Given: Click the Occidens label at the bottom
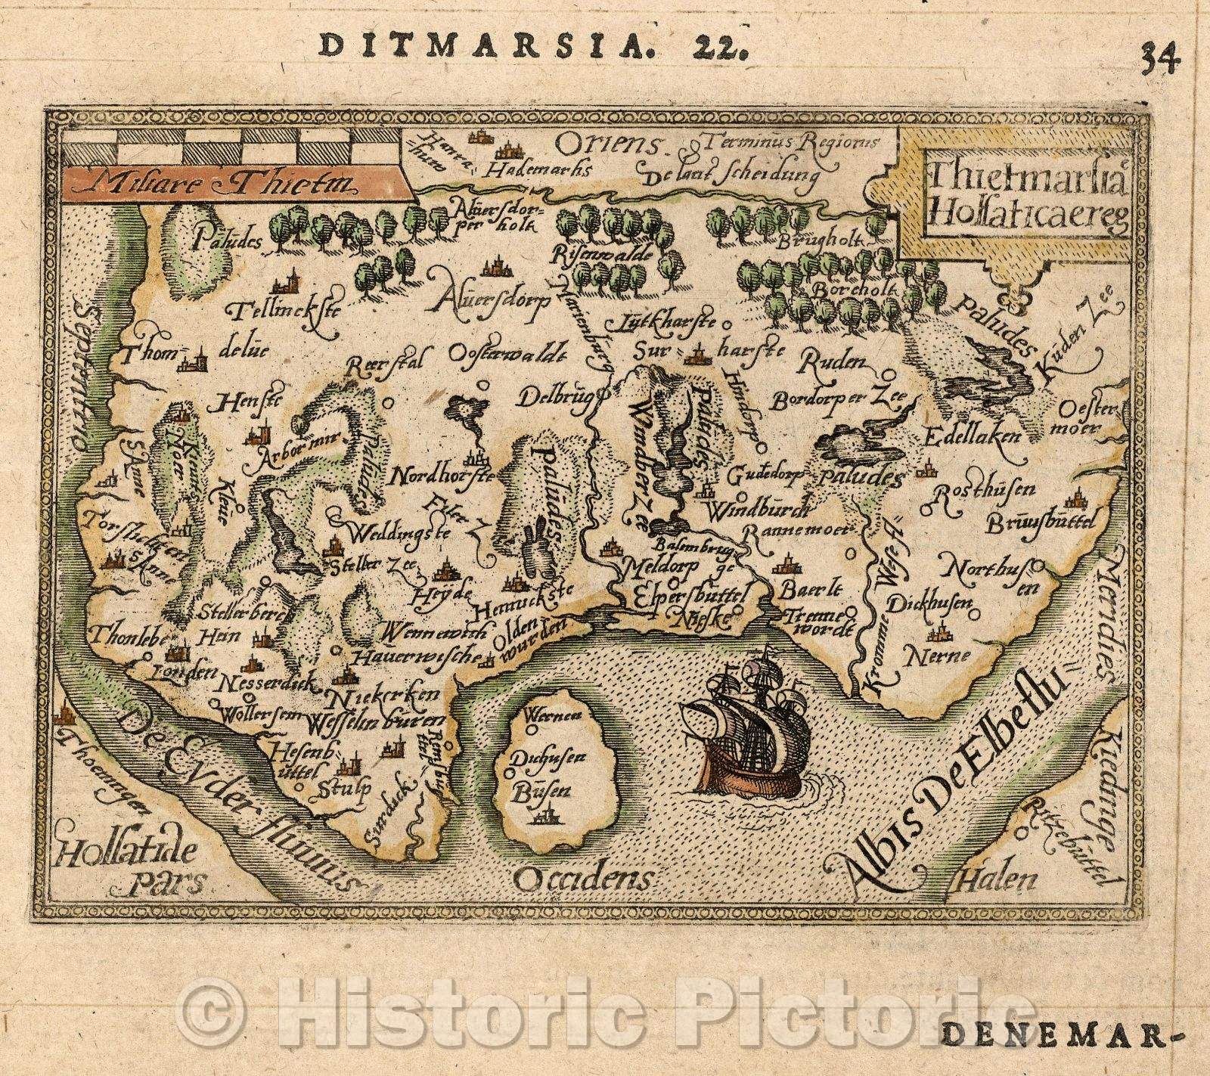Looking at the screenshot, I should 582,877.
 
